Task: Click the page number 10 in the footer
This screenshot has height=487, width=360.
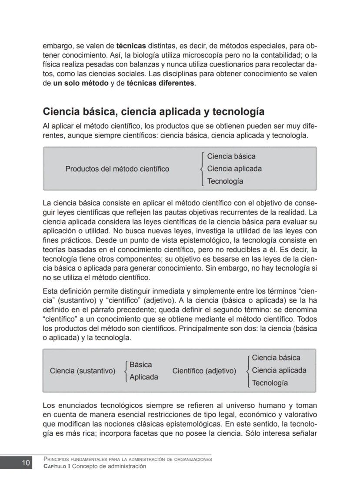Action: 26,463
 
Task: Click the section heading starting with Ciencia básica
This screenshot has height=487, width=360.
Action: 153,112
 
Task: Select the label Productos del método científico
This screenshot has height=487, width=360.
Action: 117,169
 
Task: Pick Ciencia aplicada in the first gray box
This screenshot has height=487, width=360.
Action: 234,169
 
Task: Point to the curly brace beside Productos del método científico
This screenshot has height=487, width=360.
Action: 202,169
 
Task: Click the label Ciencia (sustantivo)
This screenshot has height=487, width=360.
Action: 83,371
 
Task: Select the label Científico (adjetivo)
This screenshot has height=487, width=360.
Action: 204,371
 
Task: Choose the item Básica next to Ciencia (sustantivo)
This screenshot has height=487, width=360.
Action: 140,365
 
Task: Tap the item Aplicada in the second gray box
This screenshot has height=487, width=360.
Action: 143,377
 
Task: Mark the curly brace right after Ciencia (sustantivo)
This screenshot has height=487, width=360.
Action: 125,371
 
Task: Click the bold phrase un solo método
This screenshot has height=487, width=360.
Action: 80,83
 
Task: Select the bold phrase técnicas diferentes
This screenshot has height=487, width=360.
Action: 160,83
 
